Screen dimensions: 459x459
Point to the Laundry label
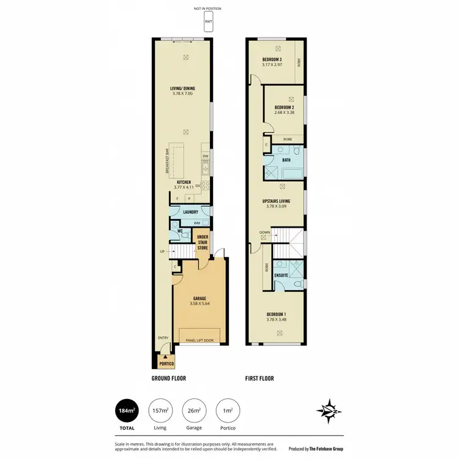[190, 212]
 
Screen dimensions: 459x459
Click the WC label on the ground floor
[181, 231]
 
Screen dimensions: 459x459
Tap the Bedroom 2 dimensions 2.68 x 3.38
[284, 112]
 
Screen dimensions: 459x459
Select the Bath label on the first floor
[286, 160]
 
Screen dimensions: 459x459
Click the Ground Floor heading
[169, 379]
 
